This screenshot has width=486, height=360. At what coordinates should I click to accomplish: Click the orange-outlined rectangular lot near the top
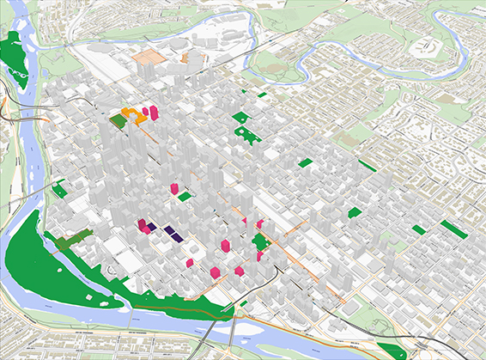(148, 57)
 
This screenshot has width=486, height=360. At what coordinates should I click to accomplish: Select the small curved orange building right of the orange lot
(185, 59)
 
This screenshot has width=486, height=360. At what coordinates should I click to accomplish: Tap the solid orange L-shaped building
(132, 113)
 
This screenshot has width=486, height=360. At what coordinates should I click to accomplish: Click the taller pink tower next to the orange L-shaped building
(155, 113)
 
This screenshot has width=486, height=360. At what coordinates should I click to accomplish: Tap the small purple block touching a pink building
(152, 228)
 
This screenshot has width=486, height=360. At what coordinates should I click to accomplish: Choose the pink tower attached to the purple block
(143, 225)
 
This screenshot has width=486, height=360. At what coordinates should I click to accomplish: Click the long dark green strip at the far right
(453, 229)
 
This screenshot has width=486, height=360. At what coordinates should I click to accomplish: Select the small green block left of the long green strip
(418, 229)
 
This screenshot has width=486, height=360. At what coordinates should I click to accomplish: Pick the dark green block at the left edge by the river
(59, 189)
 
